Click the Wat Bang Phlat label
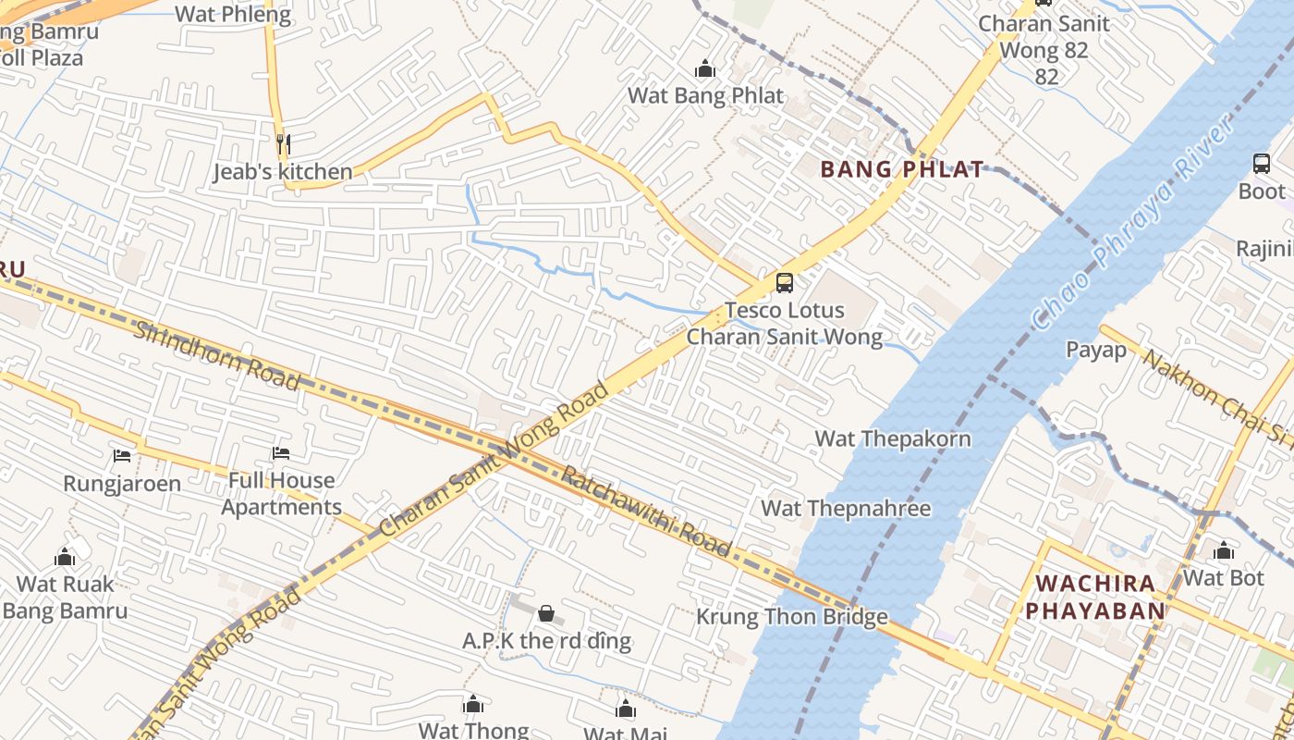[x=705, y=95]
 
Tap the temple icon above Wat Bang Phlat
[x=705, y=69]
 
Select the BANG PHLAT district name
[x=902, y=169]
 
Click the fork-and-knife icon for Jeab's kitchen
[x=284, y=144]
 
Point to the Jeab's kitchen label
[x=283, y=172]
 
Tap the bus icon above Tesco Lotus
[x=784, y=283]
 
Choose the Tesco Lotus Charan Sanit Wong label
[x=784, y=324]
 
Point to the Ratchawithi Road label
[x=647, y=512]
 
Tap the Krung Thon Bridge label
[x=792, y=617]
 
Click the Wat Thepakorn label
[x=893, y=438]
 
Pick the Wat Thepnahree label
[x=846, y=508]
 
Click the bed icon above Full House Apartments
[x=281, y=453]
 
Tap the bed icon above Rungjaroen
[x=122, y=455]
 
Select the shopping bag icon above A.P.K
[x=546, y=613]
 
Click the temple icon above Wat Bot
[x=1224, y=552]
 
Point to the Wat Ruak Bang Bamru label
[x=65, y=598]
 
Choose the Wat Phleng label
[x=232, y=14]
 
